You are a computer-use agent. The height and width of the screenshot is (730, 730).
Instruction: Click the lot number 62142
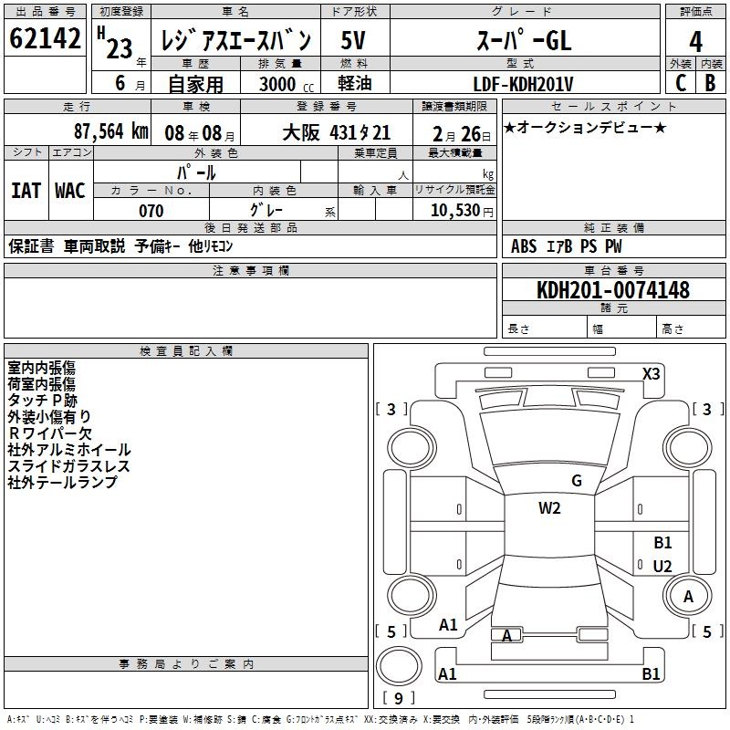(x=45, y=38)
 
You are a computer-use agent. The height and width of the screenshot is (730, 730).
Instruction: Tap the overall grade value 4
(x=695, y=42)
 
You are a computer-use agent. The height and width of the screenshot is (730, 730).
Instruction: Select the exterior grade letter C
(x=681, y=83)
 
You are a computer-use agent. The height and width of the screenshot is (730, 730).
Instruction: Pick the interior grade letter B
(x=710, y=83)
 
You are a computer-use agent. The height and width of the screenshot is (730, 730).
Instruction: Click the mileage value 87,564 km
(x=110, y=131)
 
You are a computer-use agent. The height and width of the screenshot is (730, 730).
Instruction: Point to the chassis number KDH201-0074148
(x=613, y=290)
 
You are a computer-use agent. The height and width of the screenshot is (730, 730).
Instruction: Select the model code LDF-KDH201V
(x=523, y=84)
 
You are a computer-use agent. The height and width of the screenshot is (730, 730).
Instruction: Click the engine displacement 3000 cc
(x=287, y=84)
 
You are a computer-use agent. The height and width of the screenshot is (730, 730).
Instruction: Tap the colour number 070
(x=151, y=211)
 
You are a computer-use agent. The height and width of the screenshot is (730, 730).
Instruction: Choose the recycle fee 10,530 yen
(x=462, y=211)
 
